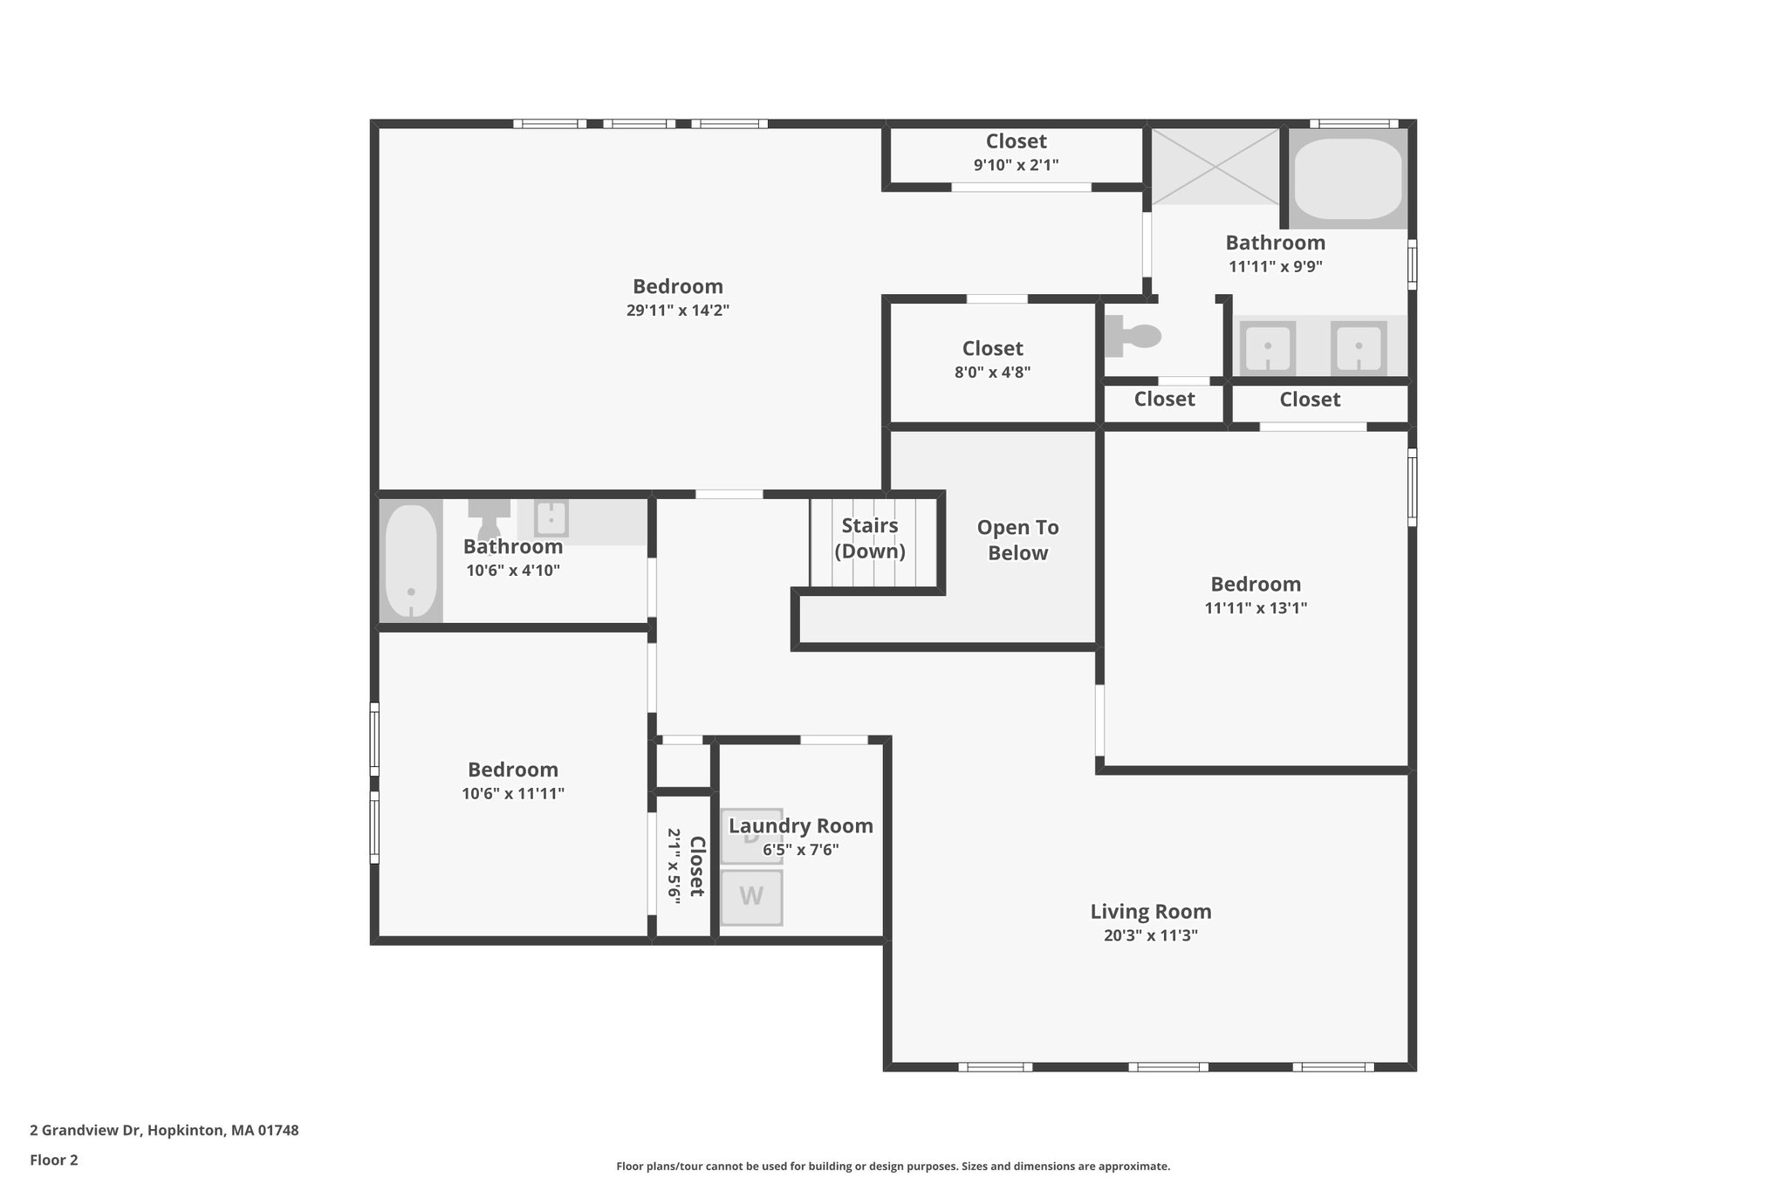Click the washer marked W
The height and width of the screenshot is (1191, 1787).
tap(751, 897)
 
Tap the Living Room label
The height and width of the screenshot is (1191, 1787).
tap(1150, 912)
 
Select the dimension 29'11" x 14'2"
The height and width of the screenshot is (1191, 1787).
tap(677, 310)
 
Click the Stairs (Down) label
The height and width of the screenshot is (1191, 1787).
tap(870, 538)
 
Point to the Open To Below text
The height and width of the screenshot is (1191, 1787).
tap(1017, 540)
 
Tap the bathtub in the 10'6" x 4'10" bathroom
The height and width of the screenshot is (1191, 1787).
tap(411, 561)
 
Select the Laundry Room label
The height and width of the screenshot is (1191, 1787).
tap(800, 825)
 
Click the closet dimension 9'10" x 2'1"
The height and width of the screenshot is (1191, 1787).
tap(1016, 164)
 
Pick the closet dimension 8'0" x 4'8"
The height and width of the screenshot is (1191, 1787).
tap(992, 372)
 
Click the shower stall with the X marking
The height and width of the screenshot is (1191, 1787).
tap(1215, 167)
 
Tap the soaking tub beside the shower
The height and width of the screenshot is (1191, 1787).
tap(1347, 179)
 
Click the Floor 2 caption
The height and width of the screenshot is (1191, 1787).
tap(54, 1160)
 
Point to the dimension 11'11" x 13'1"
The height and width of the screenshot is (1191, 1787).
tap(1255, 608)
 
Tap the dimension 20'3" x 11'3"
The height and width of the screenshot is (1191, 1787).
tap(1150, 935)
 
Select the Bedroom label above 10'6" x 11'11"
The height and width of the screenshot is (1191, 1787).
tap(512, 770)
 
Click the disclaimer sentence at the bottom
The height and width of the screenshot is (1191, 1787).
tap(893, 1166)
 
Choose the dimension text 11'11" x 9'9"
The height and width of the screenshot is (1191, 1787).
tap(1275, 267)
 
